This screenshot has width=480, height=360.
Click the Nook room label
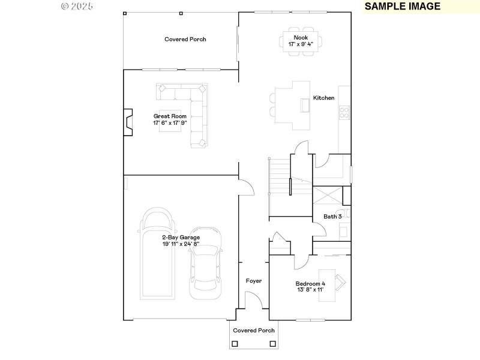300,37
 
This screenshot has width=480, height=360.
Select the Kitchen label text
323,98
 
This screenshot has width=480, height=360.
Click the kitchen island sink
305,106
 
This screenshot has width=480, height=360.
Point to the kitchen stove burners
344,111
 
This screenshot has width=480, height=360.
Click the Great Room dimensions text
170,122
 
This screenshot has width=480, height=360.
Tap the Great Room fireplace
128,122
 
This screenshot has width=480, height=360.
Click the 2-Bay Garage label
181,237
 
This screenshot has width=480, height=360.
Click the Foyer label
254,280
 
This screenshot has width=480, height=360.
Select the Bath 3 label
332,217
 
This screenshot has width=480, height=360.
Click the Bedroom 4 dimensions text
310,289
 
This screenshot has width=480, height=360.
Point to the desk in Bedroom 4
340,281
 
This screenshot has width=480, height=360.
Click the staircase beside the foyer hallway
279,186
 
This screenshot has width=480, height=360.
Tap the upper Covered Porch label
185,39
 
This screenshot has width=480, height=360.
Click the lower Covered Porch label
254,330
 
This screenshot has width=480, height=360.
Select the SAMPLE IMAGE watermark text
402,7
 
